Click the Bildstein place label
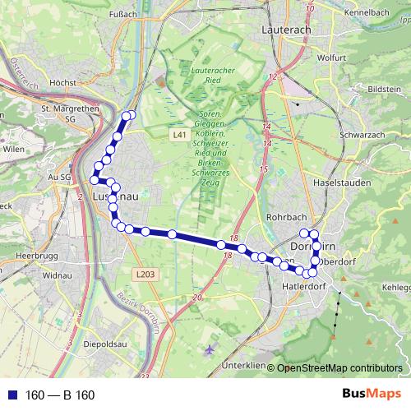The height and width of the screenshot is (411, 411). click(x=385, y=88)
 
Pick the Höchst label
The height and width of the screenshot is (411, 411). click(x=63, y=83)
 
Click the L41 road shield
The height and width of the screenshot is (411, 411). click(x=180, y=134)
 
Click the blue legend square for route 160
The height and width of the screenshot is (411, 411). click(x=11, y=395)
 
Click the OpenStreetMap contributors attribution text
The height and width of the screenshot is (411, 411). click(x=339, y=368)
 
